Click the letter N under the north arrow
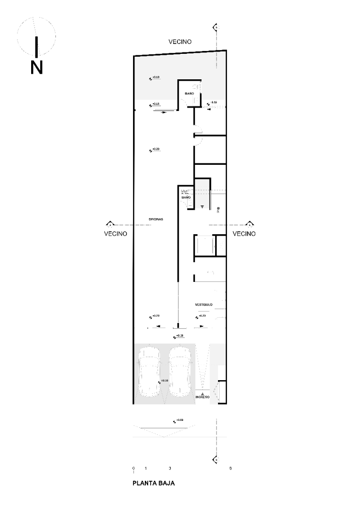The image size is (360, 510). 36,67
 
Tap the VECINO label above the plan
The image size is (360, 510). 180,42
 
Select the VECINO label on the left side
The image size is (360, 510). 116,234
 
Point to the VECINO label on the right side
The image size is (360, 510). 244,234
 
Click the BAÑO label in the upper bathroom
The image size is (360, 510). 189,94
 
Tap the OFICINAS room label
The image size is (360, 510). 156,219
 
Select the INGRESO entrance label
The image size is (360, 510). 202,397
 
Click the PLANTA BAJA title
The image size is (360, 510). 153,484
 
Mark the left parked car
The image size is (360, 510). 150,372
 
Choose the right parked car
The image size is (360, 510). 180,372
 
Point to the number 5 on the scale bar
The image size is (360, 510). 230,468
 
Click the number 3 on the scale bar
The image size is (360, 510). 169,468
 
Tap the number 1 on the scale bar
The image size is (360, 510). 145,468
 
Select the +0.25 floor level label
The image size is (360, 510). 180,335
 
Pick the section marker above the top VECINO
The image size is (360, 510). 216,27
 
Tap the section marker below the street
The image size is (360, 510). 216,459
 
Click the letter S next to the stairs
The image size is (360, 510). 218,212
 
